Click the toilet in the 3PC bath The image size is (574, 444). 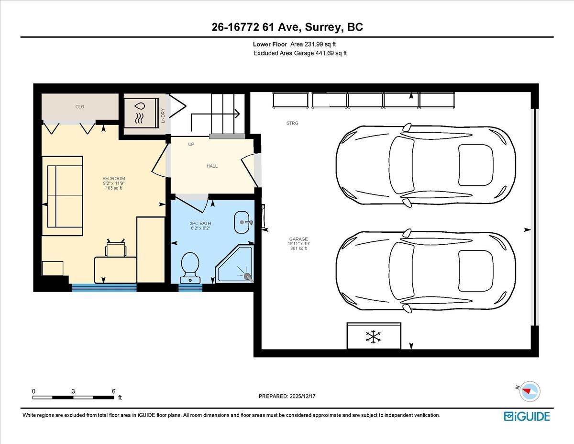click(191, 266)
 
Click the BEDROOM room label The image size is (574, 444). click(113, 179)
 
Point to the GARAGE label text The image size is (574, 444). click(298, 239)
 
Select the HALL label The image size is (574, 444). click(212, 166)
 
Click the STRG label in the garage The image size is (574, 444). click(292, 124)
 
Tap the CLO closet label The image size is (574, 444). click(80, 107)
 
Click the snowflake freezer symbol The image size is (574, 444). click(373, 336)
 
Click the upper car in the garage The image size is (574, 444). click(425, 165)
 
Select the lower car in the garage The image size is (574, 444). click(425, 271)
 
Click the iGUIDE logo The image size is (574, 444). click(527, 416)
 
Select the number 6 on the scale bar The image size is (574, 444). click(113, 391)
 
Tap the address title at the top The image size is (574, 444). click(287, 27)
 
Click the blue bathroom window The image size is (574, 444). click(190, 288)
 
